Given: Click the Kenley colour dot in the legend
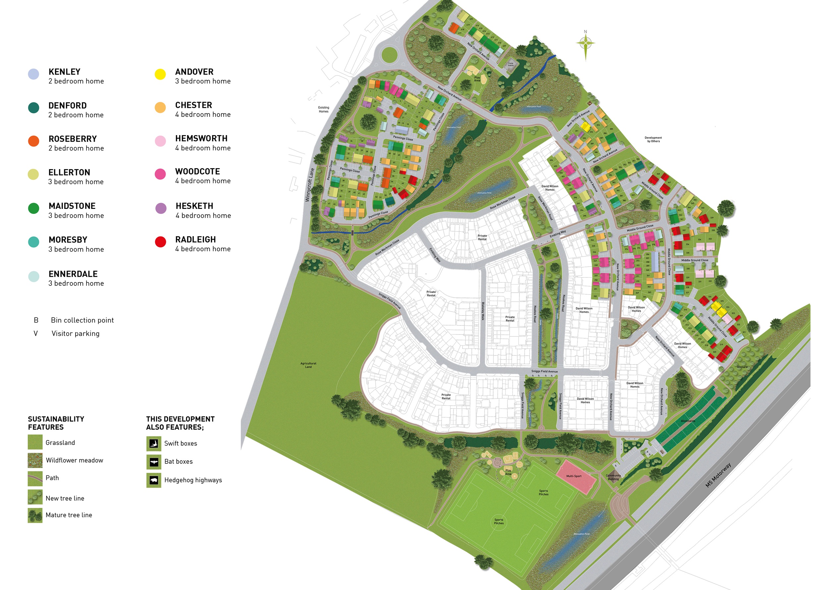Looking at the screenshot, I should click(x=33, y=74).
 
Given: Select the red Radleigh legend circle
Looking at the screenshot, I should click(x=160, y=242).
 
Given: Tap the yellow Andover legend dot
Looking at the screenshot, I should click(x=160, y=74).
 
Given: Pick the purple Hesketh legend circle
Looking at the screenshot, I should click(x=161, y=209).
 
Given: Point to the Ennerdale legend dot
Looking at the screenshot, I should click(x=33, y=276).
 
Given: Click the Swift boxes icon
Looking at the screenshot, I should click(x=153, y=444).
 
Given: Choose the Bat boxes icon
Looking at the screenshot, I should click(x=153, y=462).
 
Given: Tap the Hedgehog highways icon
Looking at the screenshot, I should click(x=153, y=480).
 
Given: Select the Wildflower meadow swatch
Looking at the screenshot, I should click(x=35, y=460).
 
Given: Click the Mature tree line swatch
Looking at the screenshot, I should click(x=35, y=515).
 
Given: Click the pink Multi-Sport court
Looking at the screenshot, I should click(x=576, y=476).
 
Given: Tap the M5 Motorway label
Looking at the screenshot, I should click(x=718, y=475).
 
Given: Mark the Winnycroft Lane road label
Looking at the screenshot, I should click(x=309, y=184).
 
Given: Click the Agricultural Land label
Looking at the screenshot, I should click(x=308, y=365).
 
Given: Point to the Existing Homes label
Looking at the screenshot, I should click(x=323, y=109).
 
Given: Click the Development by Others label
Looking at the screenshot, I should click(x=653, y=139).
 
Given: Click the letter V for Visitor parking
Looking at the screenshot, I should click(x=36, y=333).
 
